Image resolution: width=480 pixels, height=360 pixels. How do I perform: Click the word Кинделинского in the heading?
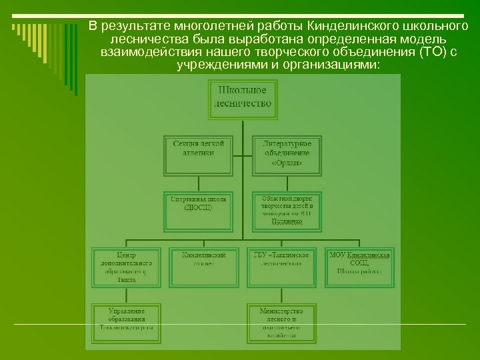click(x=349, y=27)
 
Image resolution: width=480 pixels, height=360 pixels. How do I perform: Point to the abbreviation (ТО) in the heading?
click(x=435, y=53)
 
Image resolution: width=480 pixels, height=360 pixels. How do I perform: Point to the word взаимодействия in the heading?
click(x=143, y=53)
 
